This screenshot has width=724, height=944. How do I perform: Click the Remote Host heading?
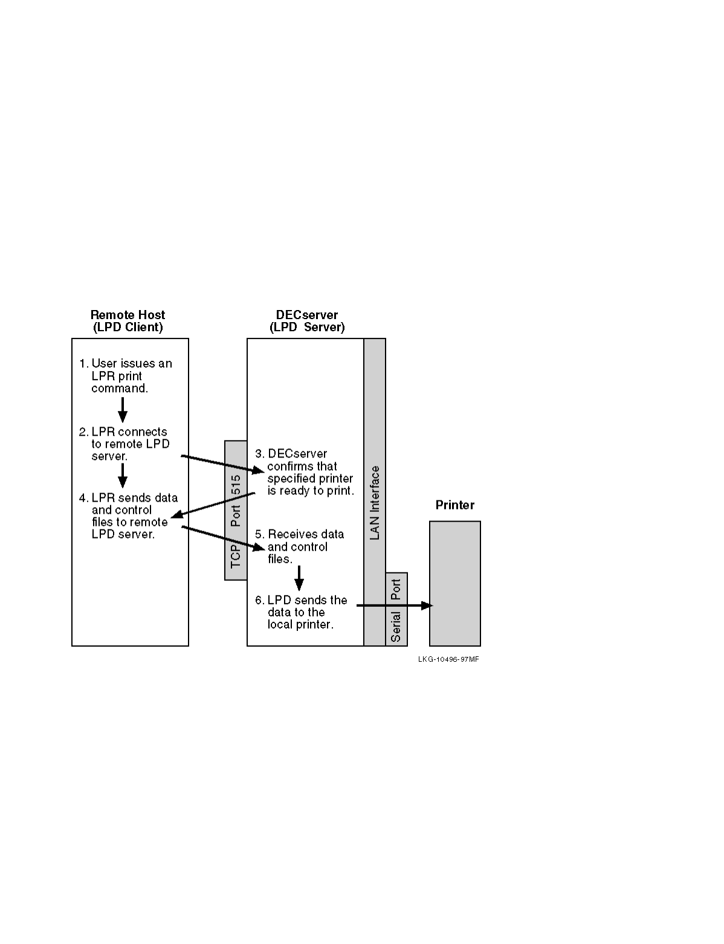pos(128,315)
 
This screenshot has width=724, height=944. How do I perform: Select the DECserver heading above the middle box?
pos(307,315)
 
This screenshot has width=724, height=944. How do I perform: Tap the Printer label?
pos(455,505)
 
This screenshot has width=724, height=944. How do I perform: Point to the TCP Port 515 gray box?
pos(236,511)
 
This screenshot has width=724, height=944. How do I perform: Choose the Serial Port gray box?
pos(396,609)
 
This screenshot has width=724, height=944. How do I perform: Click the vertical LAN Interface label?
pos(375,503)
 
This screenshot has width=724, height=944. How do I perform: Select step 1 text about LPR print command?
pos(126,376)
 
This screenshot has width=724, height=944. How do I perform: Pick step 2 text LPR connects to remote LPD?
pos(125,444)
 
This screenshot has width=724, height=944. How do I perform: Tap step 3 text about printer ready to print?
pos(305,472)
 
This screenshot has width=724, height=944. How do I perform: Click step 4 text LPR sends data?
pos(129,516)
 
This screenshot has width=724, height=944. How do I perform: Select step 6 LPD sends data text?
pos(302,612)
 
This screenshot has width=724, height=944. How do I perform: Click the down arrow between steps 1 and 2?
pos(123,410)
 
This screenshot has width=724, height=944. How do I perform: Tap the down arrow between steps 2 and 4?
pos(123,476)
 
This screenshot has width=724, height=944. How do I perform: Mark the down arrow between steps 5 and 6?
pos(299,578)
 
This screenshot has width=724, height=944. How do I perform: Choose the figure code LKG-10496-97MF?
pos(448,659)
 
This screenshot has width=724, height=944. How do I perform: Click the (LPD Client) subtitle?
pos(128,328)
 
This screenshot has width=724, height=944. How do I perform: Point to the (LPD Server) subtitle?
pos(307,328)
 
